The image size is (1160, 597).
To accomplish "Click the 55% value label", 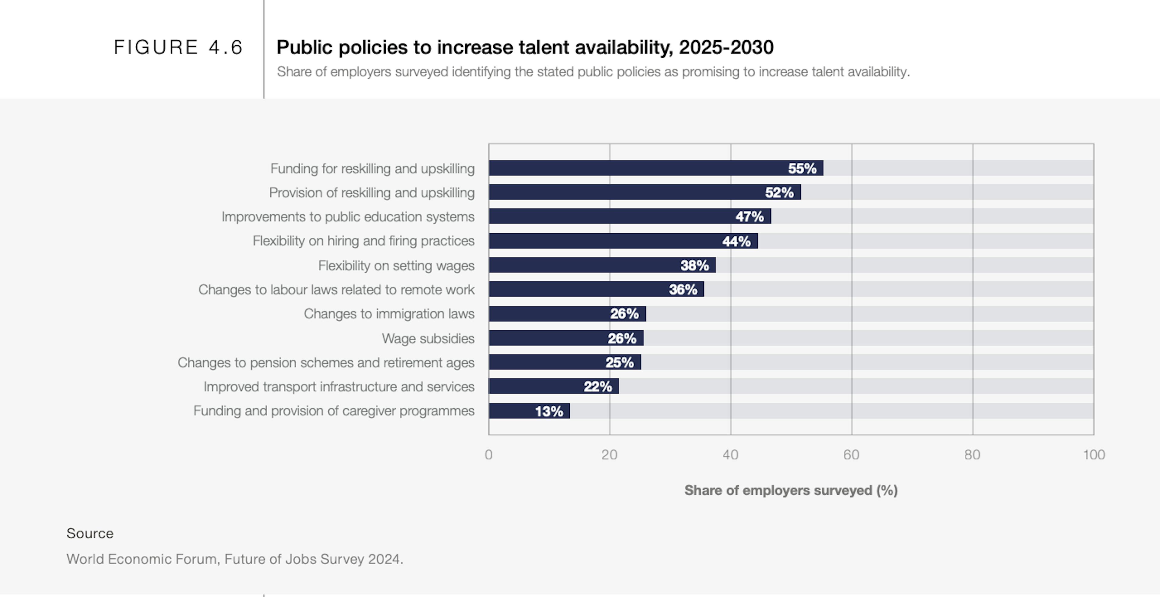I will [x=802, y=168].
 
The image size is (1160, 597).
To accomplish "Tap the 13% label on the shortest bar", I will [x=549, y=411].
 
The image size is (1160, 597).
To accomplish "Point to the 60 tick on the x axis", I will [x=851, y=455].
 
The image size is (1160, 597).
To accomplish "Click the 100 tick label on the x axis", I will [x=1093, y=455].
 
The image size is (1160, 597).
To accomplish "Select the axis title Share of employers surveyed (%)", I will [x=791, y=490].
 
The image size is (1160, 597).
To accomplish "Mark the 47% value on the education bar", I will [x=749, y=217].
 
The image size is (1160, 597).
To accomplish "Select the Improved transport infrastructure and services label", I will [x=339, y=387].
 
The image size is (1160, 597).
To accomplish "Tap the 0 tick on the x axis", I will [x=488, y=455].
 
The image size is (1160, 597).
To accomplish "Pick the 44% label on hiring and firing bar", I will [x=736, y=241].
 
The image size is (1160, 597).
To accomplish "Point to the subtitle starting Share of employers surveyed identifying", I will [x=593, y=72].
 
